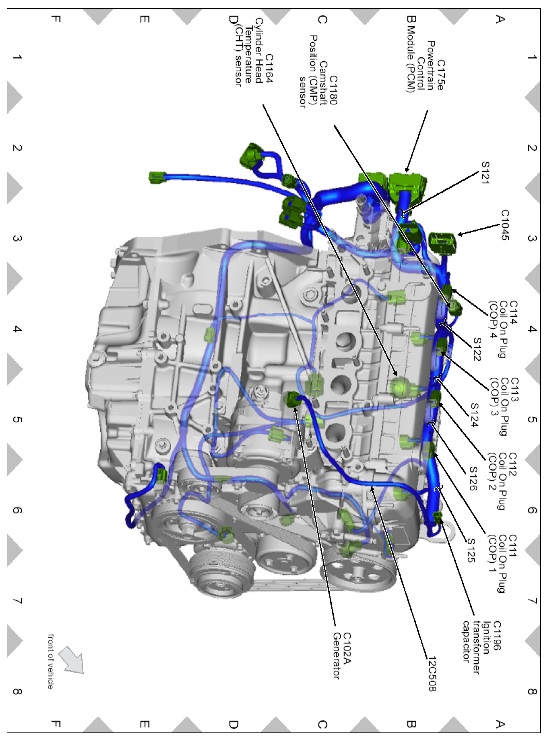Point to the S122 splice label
pyautogui.click(x=477, y=349)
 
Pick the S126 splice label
pyautogui.click(x=473, y=479)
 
